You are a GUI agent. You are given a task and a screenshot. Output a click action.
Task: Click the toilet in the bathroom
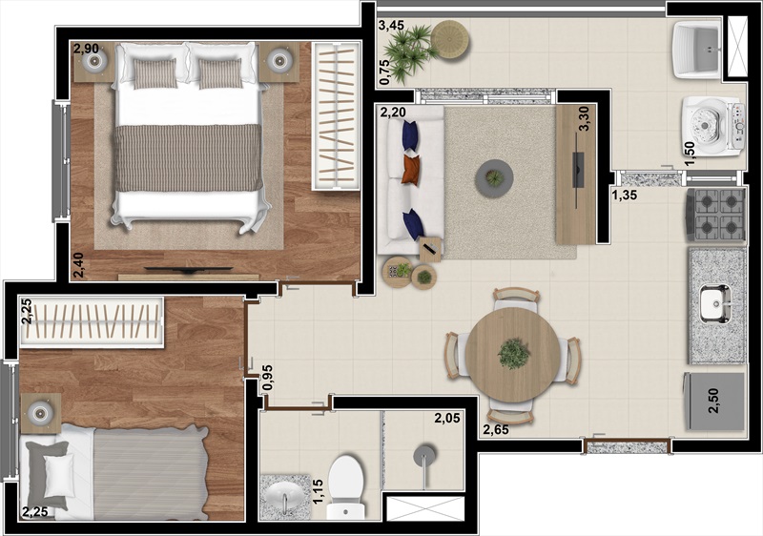345,486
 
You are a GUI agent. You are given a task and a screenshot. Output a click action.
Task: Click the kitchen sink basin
715,304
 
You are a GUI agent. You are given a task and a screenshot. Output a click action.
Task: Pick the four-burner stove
715,215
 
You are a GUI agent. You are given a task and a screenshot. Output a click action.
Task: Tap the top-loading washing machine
713,127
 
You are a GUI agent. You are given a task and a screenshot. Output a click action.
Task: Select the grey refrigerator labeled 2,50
714,402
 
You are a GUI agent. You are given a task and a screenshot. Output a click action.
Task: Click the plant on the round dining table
513,354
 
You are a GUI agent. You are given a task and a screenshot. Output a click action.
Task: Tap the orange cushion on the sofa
411,170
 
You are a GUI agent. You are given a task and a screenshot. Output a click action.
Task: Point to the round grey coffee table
494,178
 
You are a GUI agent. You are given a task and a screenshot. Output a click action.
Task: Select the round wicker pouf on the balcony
450,41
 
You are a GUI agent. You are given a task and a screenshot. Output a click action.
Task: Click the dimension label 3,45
391,25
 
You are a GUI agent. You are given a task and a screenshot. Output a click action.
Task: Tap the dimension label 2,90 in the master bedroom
86,48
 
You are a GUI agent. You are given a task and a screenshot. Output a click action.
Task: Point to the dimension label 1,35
625,196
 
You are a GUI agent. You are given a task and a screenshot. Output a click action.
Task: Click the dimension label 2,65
496,429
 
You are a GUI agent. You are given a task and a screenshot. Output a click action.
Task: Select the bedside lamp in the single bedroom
40,413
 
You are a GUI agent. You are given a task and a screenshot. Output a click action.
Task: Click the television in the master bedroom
189,270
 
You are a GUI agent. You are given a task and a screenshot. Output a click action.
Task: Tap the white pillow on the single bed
59,476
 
